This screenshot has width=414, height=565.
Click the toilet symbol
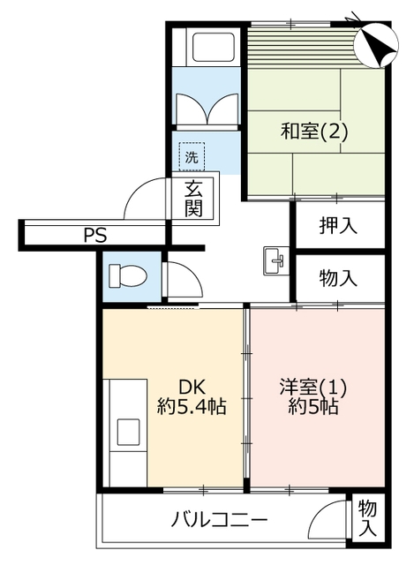tap(128, 276)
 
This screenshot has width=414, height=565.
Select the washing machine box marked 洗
tap(192, 156)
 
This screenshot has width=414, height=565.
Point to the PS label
tap(95, 236)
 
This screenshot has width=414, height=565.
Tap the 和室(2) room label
tap(314, 132)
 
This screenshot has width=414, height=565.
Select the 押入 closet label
tap(338, 226)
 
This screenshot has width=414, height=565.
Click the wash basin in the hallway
tap(275, 260)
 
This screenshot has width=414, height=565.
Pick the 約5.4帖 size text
tap(192, 406)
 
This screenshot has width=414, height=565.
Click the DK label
tap(192, 388)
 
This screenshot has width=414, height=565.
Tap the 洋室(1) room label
tap(312, 388)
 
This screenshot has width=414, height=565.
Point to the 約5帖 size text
tap(312, 406)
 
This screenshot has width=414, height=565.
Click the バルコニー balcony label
tap(219, 520)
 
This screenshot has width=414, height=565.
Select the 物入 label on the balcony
tap(367, 518)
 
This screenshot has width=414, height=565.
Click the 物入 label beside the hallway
tap(338, 278)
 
